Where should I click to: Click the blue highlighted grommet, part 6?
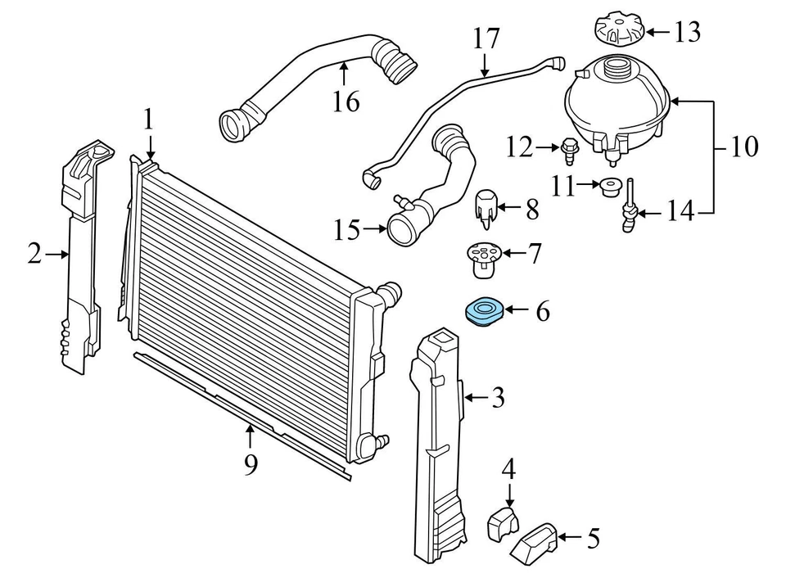(483, 312)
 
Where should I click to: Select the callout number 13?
(687, 33)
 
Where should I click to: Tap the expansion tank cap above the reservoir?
(618, 31)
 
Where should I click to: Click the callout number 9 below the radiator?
(251, 464)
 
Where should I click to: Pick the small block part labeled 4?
(504, 523)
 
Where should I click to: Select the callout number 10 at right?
(745, 147)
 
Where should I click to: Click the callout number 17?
(486, 38)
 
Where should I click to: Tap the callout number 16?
(346, 102)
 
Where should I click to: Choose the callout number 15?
(346, 230)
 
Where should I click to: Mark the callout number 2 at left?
(34, 255)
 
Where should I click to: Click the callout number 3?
(498, 399)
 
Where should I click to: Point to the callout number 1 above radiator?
(148, 120)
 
